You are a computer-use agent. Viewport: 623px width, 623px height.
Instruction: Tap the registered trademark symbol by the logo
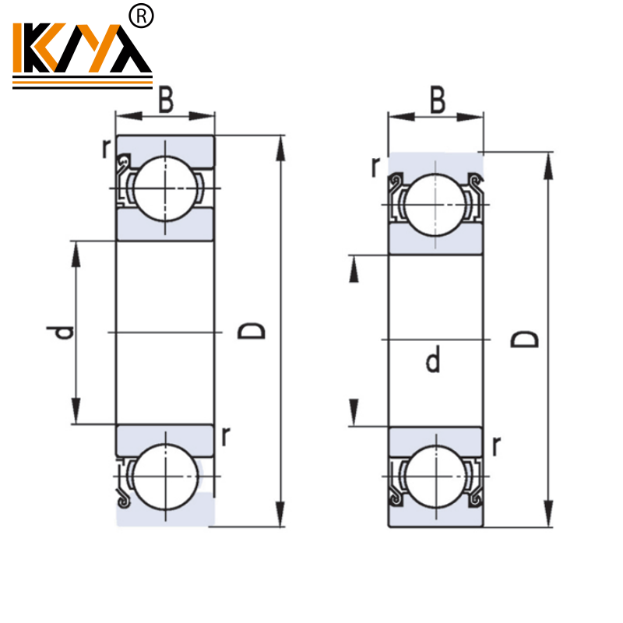point(143,16)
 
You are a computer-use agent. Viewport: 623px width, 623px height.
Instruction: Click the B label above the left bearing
point(166,100)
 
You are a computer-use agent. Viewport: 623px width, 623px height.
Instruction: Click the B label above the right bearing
point(438,100)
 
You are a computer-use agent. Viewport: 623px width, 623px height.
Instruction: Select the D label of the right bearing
point(524,339)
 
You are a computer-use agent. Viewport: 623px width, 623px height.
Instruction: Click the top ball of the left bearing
point(165,188)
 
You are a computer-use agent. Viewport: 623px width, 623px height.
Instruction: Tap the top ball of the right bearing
point(436,205)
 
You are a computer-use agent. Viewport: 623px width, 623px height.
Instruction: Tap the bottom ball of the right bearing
point(436,475)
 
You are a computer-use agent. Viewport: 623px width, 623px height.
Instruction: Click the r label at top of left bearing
point(107,149)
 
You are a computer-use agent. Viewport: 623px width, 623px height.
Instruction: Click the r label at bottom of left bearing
point(225,437)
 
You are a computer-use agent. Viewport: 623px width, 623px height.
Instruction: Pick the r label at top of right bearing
point(375,166)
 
